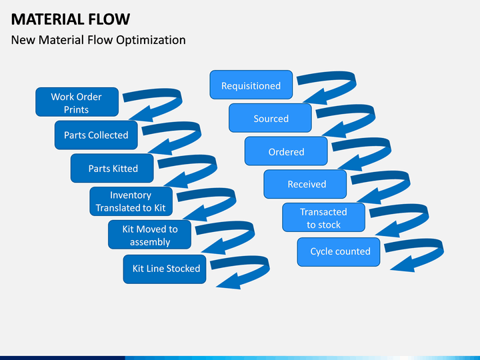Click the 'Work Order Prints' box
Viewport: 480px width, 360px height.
pos(77,102)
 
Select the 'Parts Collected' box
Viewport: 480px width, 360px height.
pos(96,135)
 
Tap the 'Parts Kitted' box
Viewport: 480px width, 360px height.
pos(112,168)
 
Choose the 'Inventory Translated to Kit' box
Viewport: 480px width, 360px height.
pos(131,201)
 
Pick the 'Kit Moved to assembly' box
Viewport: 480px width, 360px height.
pos(150,235)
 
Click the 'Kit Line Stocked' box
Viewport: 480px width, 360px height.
pos(165,269)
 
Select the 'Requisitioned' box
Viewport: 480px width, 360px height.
pos(251,85)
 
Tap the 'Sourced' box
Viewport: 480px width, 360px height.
pos(270,118)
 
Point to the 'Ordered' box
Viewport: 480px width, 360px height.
pos(286,151)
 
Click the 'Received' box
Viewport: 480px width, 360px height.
pos(305,184)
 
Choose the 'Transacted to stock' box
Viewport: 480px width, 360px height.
pos(324,217)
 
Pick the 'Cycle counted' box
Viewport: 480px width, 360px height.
pos(339,252)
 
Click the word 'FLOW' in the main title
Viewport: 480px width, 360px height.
pos(109,19)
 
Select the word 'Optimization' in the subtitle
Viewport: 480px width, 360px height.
pos(151,40)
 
